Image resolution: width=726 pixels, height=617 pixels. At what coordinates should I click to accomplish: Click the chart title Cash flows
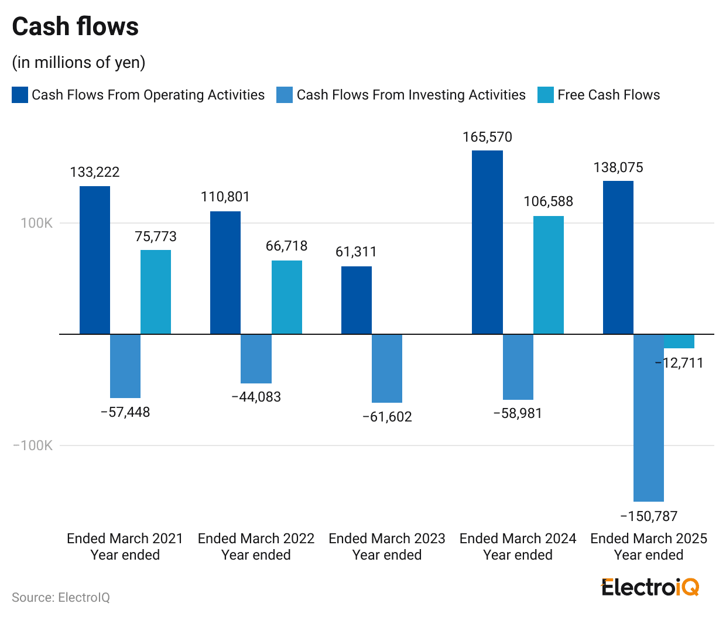pyautogui.click(x=76, y=27)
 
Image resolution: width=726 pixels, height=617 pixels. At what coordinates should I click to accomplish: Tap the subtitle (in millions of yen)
pyautogui.click(x=78, y=62)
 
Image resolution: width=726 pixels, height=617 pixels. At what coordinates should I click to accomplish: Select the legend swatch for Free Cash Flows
pyautogui.click(x=545, y=95)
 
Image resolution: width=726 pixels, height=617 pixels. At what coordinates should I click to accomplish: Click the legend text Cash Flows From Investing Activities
pyautogui.click(x=411, y=95)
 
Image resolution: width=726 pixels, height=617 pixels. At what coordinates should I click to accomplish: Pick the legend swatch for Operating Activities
pyautogui.click(x=20, y=95)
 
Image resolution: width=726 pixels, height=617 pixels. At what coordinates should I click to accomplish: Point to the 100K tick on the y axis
pyautogui.click(x=37, y=223)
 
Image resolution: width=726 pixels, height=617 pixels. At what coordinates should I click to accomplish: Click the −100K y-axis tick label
pyautogui.click(x=33, y=445)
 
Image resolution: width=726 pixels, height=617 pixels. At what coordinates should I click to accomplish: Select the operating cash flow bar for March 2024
pyautogui.click(x=487, y=242)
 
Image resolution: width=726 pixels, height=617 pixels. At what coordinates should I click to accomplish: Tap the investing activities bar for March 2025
pyautogui.click(x=649, y=417)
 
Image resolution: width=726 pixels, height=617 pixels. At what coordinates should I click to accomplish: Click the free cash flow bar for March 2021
pyautogui.click(x=156, y=292)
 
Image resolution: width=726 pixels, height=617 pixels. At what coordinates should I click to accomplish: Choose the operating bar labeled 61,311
pyautogui.click(x=357, y=300)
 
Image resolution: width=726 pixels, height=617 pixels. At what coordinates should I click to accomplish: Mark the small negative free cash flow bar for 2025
pyautogui.click(x=679, y=341)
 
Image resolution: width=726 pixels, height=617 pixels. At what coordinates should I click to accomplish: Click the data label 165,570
pyautogui.click(x=487, y=137)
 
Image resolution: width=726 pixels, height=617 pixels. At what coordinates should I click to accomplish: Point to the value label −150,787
pyautogui.click(x=649, y=516)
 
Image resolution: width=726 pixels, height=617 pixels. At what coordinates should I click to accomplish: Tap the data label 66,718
pyautogui.click(x=286, y=246)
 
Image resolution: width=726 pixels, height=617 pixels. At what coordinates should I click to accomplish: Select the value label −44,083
pyautogui.click(x=256, y=397)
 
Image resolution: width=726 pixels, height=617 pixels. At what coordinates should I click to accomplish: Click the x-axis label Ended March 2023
pyautogui.click(x=387, y=539)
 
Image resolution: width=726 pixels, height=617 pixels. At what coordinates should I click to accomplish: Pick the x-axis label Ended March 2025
pyautogui.click(x=649, y=539)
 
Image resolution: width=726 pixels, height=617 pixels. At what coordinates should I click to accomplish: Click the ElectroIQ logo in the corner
pyautogui.click(x=650, y=587)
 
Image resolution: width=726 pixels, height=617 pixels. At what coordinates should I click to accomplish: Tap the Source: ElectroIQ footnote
pyautogui.click(x=61, y=597)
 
